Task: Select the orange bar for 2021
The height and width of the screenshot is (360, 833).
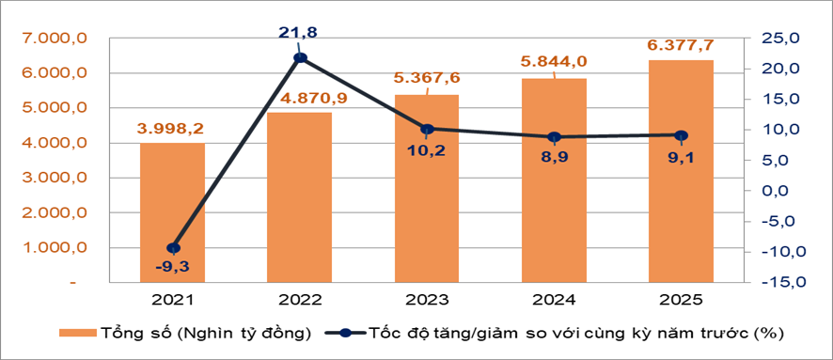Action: point(173,212)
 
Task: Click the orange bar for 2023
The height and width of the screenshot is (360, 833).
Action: point(427,188)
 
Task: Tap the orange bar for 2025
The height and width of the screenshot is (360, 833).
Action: point(681,171)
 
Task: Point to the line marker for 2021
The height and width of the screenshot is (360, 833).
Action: point(173,248)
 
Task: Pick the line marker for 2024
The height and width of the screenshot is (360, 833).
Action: point(554,137)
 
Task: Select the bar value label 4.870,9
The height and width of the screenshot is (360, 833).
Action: point(300,97)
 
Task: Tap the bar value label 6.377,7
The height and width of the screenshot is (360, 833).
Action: point(681,44)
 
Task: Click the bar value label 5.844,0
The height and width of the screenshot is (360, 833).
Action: point(554,62)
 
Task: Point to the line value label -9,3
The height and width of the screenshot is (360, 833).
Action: point(173,268)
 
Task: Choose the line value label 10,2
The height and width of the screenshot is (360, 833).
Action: point(427,148)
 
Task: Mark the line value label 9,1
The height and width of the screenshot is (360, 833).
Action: point(681,156)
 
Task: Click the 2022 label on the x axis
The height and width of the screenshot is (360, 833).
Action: point(300,300)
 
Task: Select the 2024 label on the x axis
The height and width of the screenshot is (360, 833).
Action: point(554,300)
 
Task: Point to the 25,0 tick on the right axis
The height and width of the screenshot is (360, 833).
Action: point(780,39)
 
